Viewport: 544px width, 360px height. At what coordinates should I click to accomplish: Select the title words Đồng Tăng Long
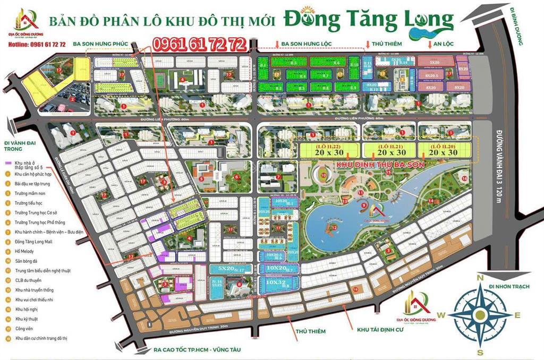click(368, 20)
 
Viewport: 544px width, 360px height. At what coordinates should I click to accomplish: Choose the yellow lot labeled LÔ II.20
click(445, 150)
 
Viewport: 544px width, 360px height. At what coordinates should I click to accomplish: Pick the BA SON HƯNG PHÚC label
click(101, 44)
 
